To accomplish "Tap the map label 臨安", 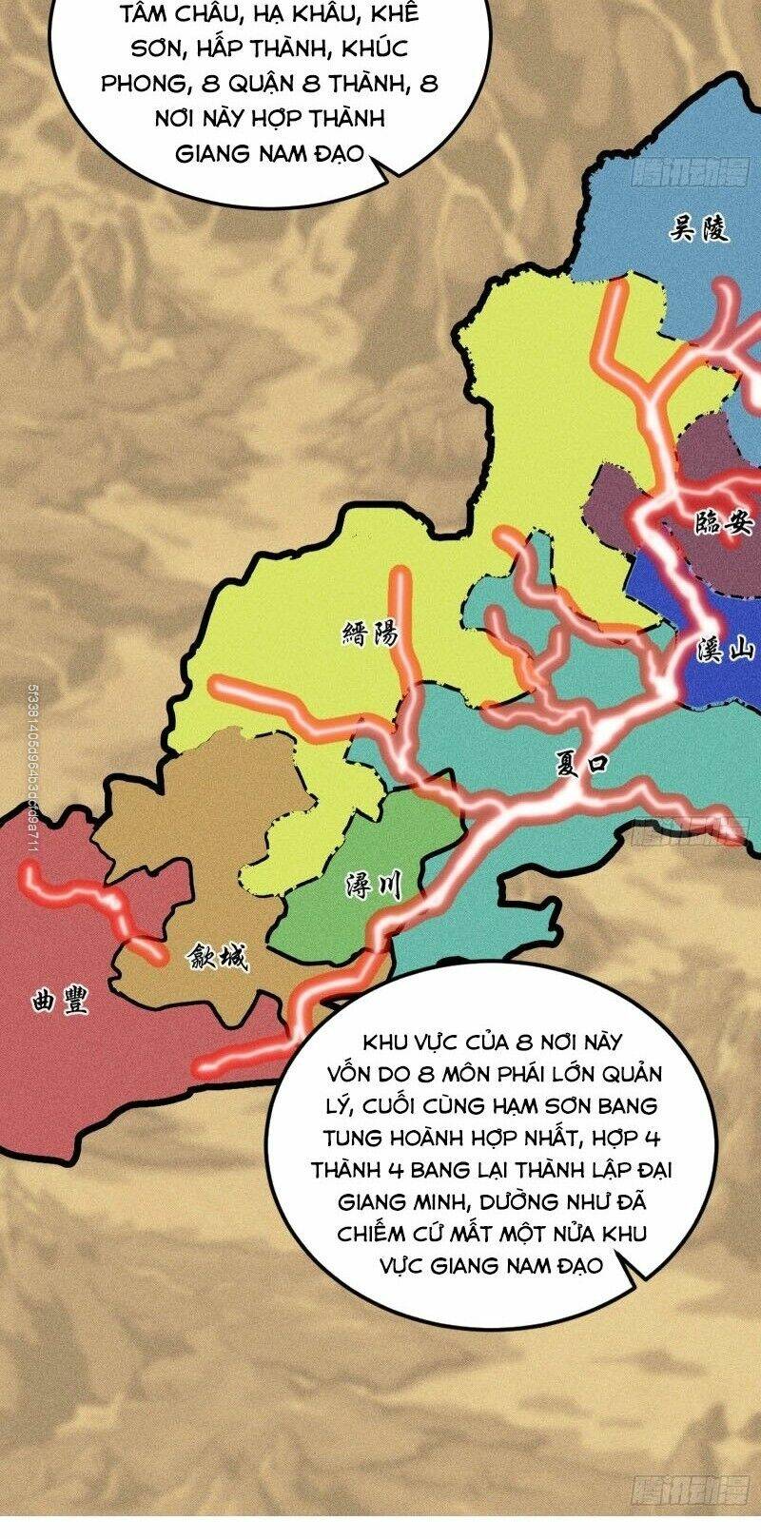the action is pos(724,521).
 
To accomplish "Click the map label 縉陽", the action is pos(369,634).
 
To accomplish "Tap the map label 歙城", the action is pos(218,958).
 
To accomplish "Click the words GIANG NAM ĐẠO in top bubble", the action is pos(269,153).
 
